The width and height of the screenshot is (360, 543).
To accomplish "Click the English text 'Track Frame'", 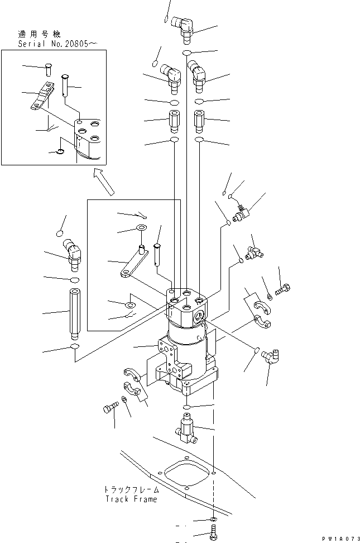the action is pyautogui.click(x=131, y=499).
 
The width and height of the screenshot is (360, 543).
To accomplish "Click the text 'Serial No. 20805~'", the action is pyautogui.click(x=57, y=44).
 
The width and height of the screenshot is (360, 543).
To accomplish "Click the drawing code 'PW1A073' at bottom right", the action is pyautogui.click(x=341, y=539).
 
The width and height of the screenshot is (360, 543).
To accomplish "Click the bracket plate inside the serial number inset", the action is pyautogui.click(x=43, y=96).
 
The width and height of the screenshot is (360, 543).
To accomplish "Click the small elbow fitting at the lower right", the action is pyautogui.click(x=271, y=356).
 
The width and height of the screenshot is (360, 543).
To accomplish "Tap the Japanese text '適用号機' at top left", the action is pyautogui.click(x=39, y=34).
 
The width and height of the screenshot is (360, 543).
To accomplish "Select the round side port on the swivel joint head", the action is pyautogui.click(x=200, y=316).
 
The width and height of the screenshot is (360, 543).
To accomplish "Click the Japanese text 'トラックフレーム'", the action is pyautogui.click(x=132, y=489).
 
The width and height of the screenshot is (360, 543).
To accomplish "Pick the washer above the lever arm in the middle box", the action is pyautogui.click(x=142, y=227).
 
